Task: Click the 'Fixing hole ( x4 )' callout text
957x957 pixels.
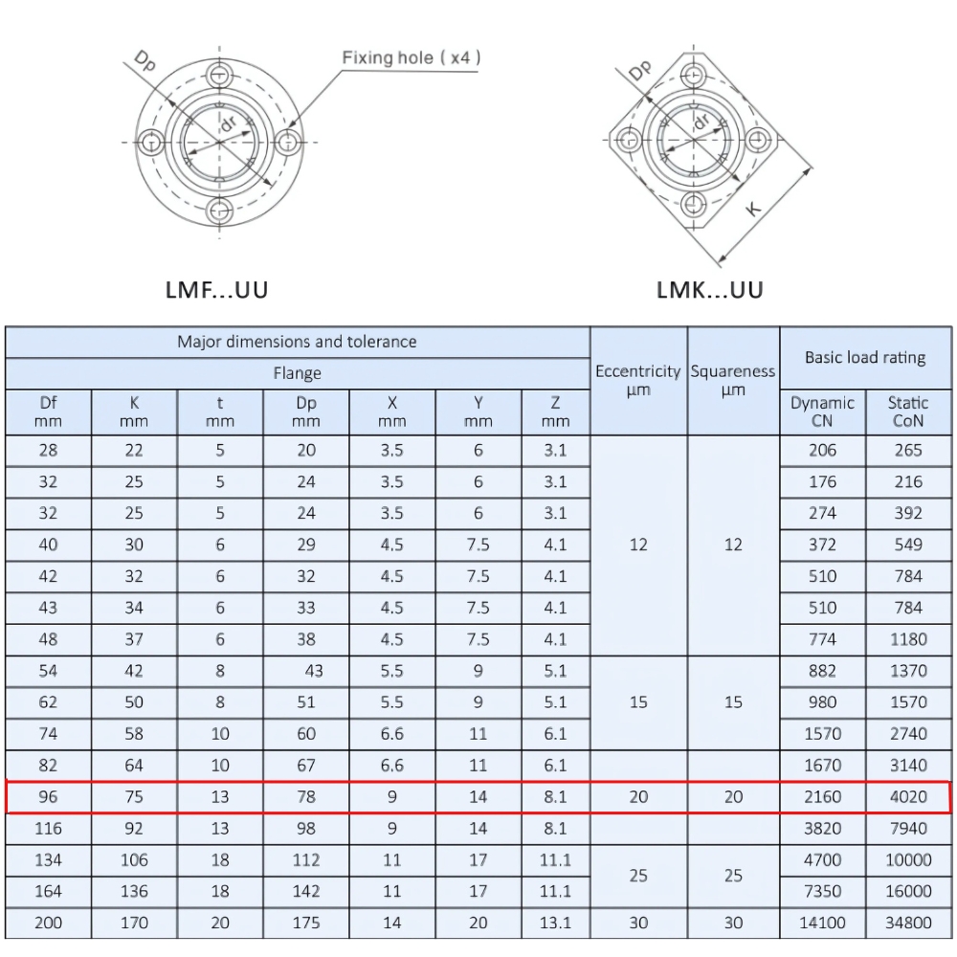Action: pyautogui.click(x=412, y=58)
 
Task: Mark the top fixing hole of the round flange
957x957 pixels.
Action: pyautogui.click(x=220, y=75)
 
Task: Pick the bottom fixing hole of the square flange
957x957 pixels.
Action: pyautogui.click(x=693, y=202)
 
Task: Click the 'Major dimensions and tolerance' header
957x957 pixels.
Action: pyautogui.click(x=297, y=342)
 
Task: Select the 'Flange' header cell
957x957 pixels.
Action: pyautogui.click(x=297, y=373)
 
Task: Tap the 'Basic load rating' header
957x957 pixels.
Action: pyautogui.click(x=865, y=358)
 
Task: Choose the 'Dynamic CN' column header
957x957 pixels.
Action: pyautogui.click(x=822, y=412)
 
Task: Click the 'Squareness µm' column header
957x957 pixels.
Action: pyautogui.click(x=733, y=380)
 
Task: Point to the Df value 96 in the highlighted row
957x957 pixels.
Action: pyautogui.click(x=48, y=796)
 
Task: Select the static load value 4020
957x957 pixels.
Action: pyautogui.click(x=908, y=796)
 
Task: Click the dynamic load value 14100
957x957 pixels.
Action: pyautogui.click(x=822, y=923)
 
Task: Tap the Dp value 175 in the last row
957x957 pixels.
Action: pyautogui.click(x=305, y=923)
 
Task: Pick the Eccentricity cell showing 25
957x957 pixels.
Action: pyautogui.click(x=638, y=876)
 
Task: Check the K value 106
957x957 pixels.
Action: pyautogui.click(x=134, y=859)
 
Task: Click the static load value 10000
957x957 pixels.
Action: pyautogui.click(x=908, y=859)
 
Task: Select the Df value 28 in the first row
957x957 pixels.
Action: pyautogui.click(x=48, y=451)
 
